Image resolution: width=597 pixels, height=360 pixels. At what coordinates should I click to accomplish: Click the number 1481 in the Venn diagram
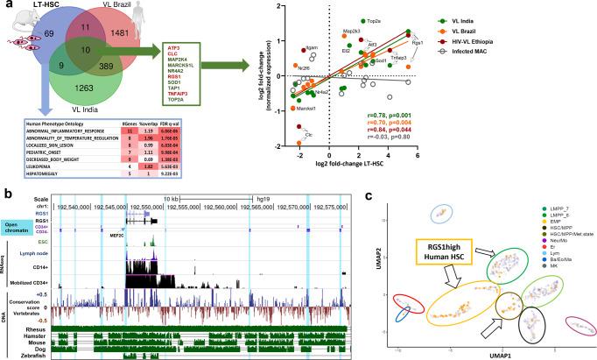pos(150,54)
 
